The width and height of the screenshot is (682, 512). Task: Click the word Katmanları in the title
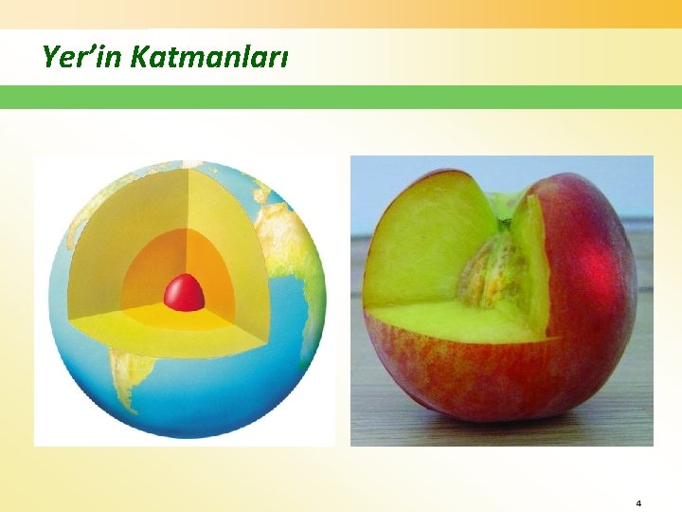(209, 58)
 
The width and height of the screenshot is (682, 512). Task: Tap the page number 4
(638, 503)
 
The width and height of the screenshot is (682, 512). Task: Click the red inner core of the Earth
(185, 293)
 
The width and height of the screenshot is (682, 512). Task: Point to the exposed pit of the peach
(494, 270)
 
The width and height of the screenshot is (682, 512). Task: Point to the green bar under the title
(341, 97)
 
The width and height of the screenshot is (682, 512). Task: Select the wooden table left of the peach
(360, 379)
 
